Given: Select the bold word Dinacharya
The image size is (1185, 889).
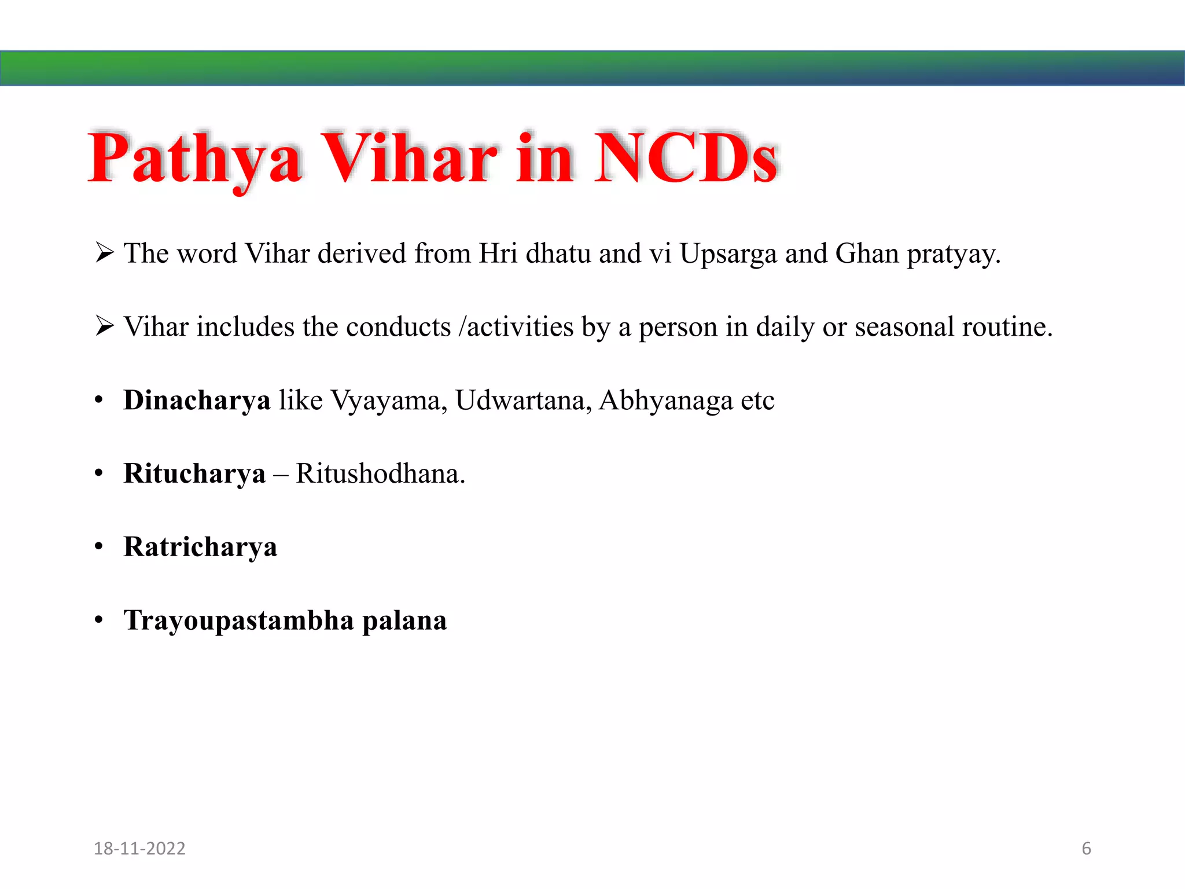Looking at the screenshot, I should (197, 401).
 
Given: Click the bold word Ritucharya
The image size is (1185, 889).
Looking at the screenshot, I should (194, 474).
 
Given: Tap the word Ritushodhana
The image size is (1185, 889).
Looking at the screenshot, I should (380, 474).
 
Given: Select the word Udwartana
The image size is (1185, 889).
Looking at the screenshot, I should (523, 401).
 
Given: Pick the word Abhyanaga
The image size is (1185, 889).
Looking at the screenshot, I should (666, 401).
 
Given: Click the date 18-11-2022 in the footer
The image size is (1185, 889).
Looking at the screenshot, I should (139, 848).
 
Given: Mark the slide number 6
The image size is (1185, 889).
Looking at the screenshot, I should (1086, 848).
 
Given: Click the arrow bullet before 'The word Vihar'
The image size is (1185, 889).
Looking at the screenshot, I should (104, 253).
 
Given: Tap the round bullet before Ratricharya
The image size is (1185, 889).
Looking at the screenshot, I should (99, 546).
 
